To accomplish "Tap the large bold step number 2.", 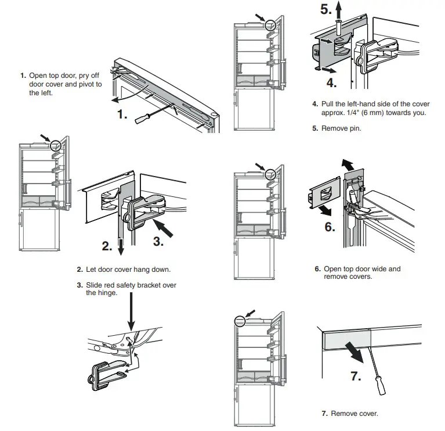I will click(x=107, y=246).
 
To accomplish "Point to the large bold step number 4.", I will click(x=331, y=82).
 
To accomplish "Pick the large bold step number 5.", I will click(x=327, y=10).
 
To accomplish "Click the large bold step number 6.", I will click(x=330, y=227).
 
